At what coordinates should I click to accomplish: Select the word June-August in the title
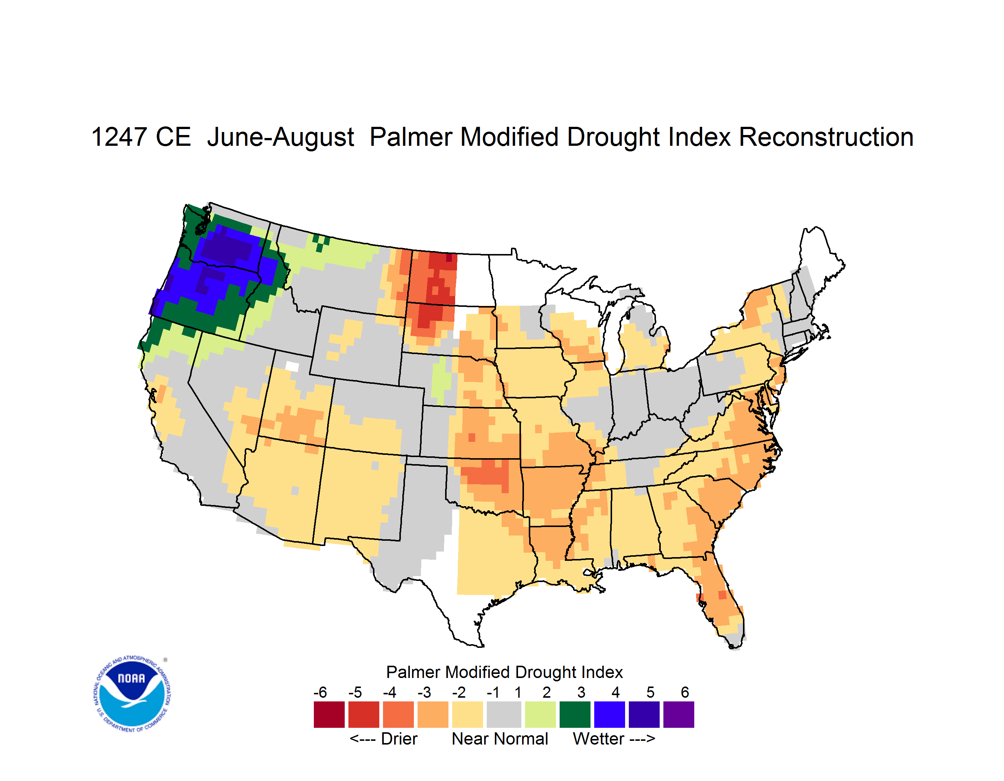click(x=280, y=137)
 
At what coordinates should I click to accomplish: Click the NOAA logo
click(x=132, y=694)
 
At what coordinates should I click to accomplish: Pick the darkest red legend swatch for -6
click(x=329, y=714)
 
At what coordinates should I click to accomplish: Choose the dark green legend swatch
click(x=575, y=714)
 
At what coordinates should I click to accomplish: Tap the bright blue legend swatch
click(x=609, y=714)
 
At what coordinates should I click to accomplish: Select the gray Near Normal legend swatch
click(x=504, y=714)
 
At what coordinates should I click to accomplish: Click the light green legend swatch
click(x=540, y=714)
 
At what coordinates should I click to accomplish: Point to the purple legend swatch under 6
click(x=679, y=714)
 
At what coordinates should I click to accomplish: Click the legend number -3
click(x=424, y=692)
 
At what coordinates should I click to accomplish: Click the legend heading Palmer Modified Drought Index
click(x=504, y=672)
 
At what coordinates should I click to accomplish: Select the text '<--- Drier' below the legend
click(x=383, y=739)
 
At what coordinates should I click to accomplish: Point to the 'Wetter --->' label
click(x=614, y=739)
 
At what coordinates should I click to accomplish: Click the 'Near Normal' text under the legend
click(x=500, y=739)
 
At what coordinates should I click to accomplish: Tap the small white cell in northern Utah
click(x=292, y=367)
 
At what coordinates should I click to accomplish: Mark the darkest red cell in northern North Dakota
click(x=449, y=258)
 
